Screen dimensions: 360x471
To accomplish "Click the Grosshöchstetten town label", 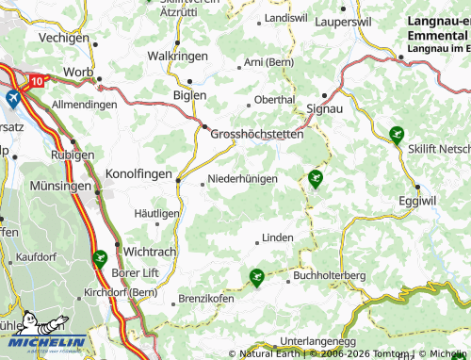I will pos(257,135).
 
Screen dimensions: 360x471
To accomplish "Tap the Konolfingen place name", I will pos(138,174).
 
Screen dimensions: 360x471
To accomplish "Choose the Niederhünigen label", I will pos(242,178).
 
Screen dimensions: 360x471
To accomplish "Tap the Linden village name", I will pos(277,237).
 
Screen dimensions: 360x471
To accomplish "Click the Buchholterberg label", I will pos(329,275).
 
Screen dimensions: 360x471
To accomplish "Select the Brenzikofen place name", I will pos(206,299).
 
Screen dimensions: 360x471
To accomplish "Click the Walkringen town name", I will pos(177,56).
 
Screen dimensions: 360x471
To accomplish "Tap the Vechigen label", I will pos(64,39).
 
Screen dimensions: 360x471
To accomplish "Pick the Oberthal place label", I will pos(276,99).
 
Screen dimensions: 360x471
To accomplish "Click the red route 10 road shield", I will pos(36,82).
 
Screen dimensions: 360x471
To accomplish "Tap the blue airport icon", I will pos(13,98).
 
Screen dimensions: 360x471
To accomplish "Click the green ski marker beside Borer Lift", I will pos(100,256).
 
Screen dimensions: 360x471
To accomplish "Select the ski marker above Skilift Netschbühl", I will pos(397,134).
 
